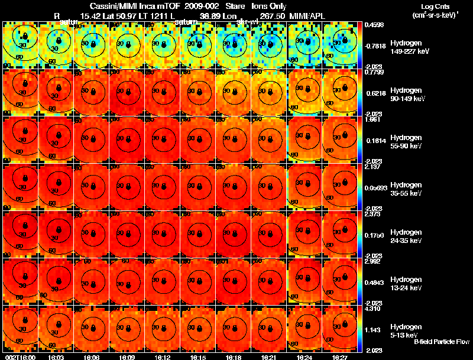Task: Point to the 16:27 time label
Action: pos(340,356)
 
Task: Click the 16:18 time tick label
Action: pos(232,356)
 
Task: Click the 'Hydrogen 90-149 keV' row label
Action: pos(406,95)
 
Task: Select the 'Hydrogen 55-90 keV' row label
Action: pos(405,142)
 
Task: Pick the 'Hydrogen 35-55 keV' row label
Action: pos(405,189)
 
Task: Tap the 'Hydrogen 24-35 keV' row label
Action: pos(405,236)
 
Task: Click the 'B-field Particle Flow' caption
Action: pos(441,342)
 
